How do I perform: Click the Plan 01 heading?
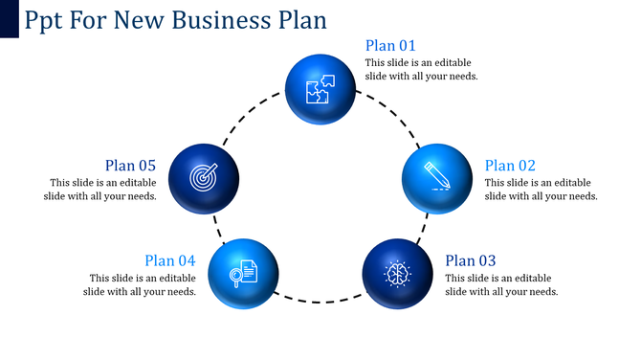[390, 45]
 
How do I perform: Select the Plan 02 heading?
[510, 166]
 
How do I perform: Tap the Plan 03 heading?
[471, 260]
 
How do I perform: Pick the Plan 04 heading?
[170, 260]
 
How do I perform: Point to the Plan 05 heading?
[130, 166]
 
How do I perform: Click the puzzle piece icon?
[320, 90]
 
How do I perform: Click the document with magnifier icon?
[243, 273]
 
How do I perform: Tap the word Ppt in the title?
[45, 20]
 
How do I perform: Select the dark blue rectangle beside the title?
[10, 19]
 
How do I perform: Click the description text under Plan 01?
[421, 69]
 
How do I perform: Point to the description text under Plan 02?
[541, 190]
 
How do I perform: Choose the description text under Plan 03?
[501, 284]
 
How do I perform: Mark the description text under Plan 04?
[140, 284]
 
